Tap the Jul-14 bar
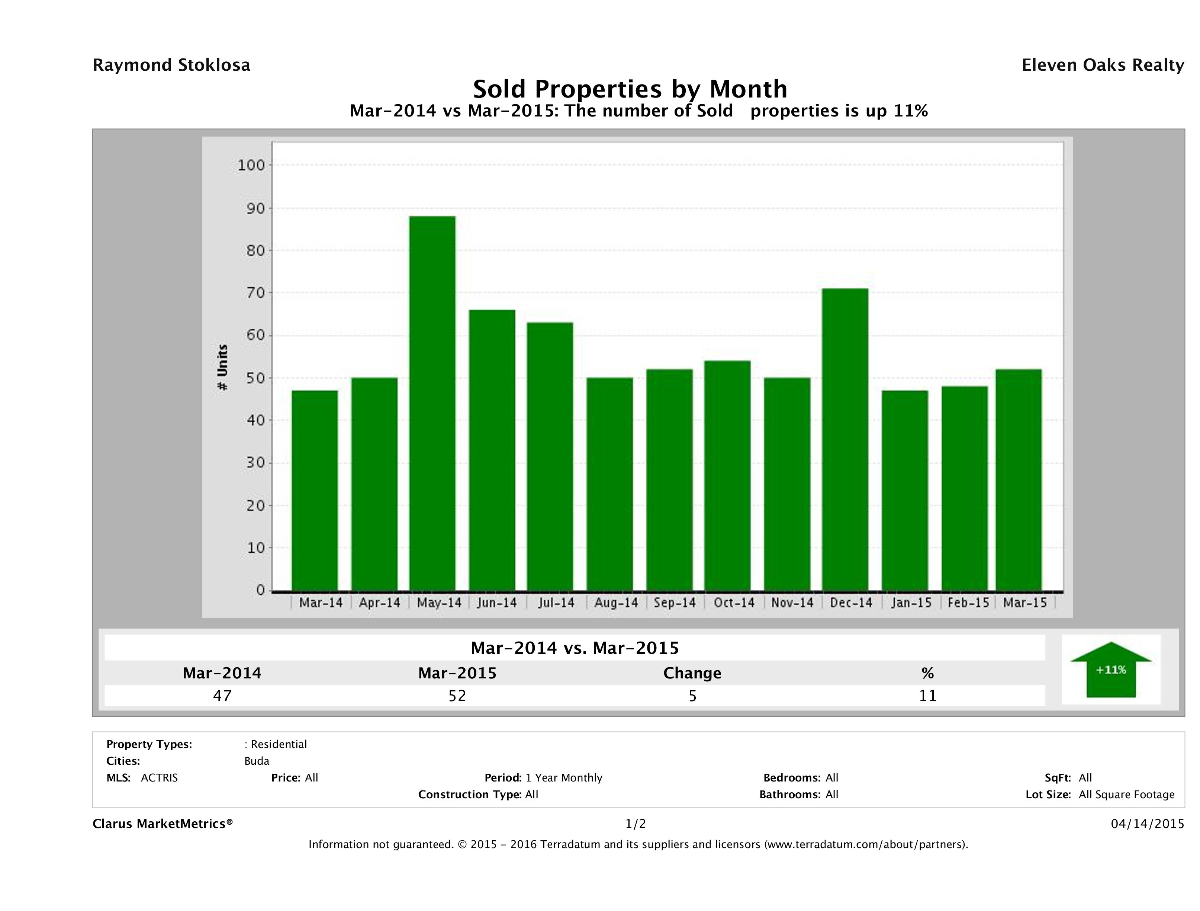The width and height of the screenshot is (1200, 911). coord(550,456)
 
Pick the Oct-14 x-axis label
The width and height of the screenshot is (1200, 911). coord(734,602)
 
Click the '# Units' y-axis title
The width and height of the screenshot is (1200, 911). coord(222,368)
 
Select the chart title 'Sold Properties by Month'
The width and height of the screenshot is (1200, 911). coord(630,89)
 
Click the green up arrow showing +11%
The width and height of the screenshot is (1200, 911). coord(1110,669)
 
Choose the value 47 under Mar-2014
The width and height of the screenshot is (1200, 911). coord(222,696)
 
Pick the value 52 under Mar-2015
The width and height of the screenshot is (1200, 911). coord(457,696)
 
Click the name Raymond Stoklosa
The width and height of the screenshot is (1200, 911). coord(171,65)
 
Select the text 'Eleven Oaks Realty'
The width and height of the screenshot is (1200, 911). coord(1102,65)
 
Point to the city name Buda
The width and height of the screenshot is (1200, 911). coord(257,761)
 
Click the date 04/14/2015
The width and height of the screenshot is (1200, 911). coord(1147,824)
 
